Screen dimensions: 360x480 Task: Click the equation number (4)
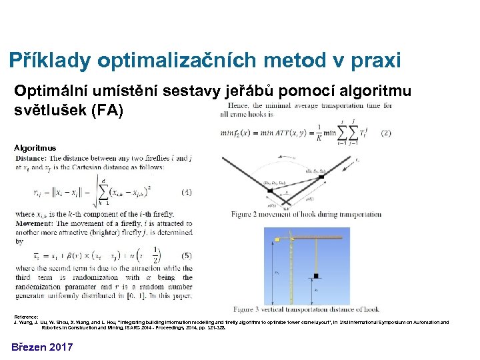186,192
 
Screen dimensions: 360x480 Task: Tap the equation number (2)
385,133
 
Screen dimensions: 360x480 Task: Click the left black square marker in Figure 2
270,190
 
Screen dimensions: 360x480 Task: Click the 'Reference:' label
26,316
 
